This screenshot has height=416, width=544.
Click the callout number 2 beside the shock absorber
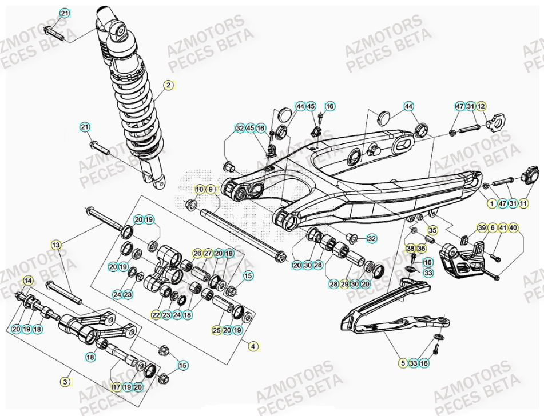coord(169,86)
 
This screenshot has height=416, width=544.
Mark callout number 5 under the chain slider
coord(403,363)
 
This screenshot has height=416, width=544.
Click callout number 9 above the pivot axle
coord(211,189)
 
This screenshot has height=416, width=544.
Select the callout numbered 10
coord(200,189)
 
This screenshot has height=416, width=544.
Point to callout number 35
coord(432,230)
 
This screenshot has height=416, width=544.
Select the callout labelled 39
coord(482,228)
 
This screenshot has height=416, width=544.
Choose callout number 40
coord(514,228)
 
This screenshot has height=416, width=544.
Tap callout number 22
coord(156,315)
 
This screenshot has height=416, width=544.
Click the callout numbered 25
coord(217,330)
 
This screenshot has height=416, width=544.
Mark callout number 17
coord(117,387)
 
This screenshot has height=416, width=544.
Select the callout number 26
coord(197,253)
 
